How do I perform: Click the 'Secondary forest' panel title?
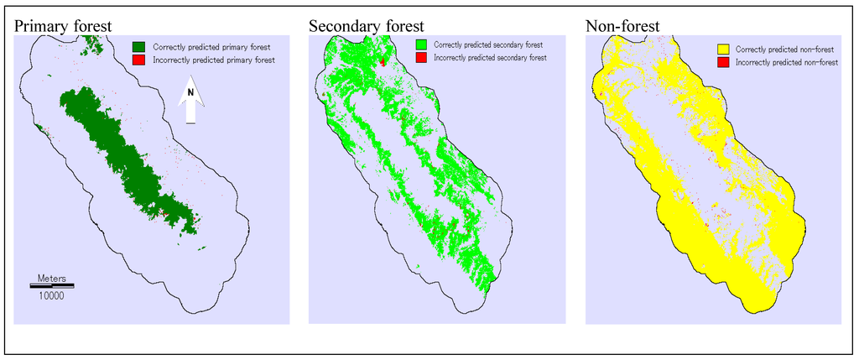(x=366, y=26)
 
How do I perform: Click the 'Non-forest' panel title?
(x=622, y=26)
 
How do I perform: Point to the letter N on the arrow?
(x=190, y=92)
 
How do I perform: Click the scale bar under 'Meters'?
(x=52, y=285)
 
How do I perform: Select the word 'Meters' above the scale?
(x=53, y=277)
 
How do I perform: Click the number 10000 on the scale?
(x=53, y=295)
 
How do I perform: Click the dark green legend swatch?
(x=140, y=46)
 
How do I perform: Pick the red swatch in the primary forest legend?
(x=140, y=60)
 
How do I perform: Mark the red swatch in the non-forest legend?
(x=722, y=63)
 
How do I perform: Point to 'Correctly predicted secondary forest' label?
(x=488, y=44)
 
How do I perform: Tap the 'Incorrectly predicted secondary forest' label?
(x=491, y=58)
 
